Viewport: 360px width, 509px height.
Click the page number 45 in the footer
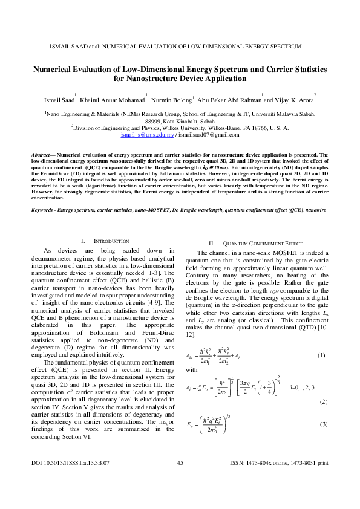[x=180, y=479]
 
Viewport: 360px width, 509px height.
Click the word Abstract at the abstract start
[x=42, y=155]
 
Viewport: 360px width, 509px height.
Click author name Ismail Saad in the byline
[x=55, y=99]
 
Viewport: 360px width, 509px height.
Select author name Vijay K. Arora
[x=292, y=99]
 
